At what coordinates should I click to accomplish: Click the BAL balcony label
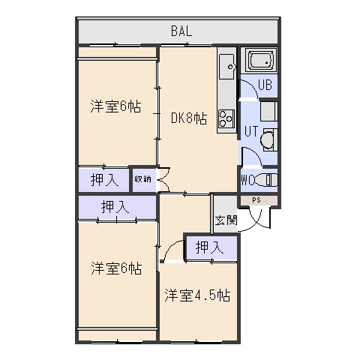181,31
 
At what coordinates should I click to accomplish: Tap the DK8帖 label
189,118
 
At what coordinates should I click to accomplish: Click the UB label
265,85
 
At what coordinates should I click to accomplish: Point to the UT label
251,131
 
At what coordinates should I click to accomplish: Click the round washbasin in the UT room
266,139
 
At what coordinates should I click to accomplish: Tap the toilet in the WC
265,179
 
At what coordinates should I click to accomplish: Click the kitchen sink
227,67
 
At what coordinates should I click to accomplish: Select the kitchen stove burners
226,118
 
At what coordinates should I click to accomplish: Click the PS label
256,200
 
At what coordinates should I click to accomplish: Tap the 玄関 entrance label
226,220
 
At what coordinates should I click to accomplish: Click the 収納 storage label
142,179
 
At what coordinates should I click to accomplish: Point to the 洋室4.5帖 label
197,295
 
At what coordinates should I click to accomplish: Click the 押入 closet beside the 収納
104,180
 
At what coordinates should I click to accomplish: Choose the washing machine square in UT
268,112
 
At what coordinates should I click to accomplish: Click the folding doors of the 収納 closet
163,179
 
